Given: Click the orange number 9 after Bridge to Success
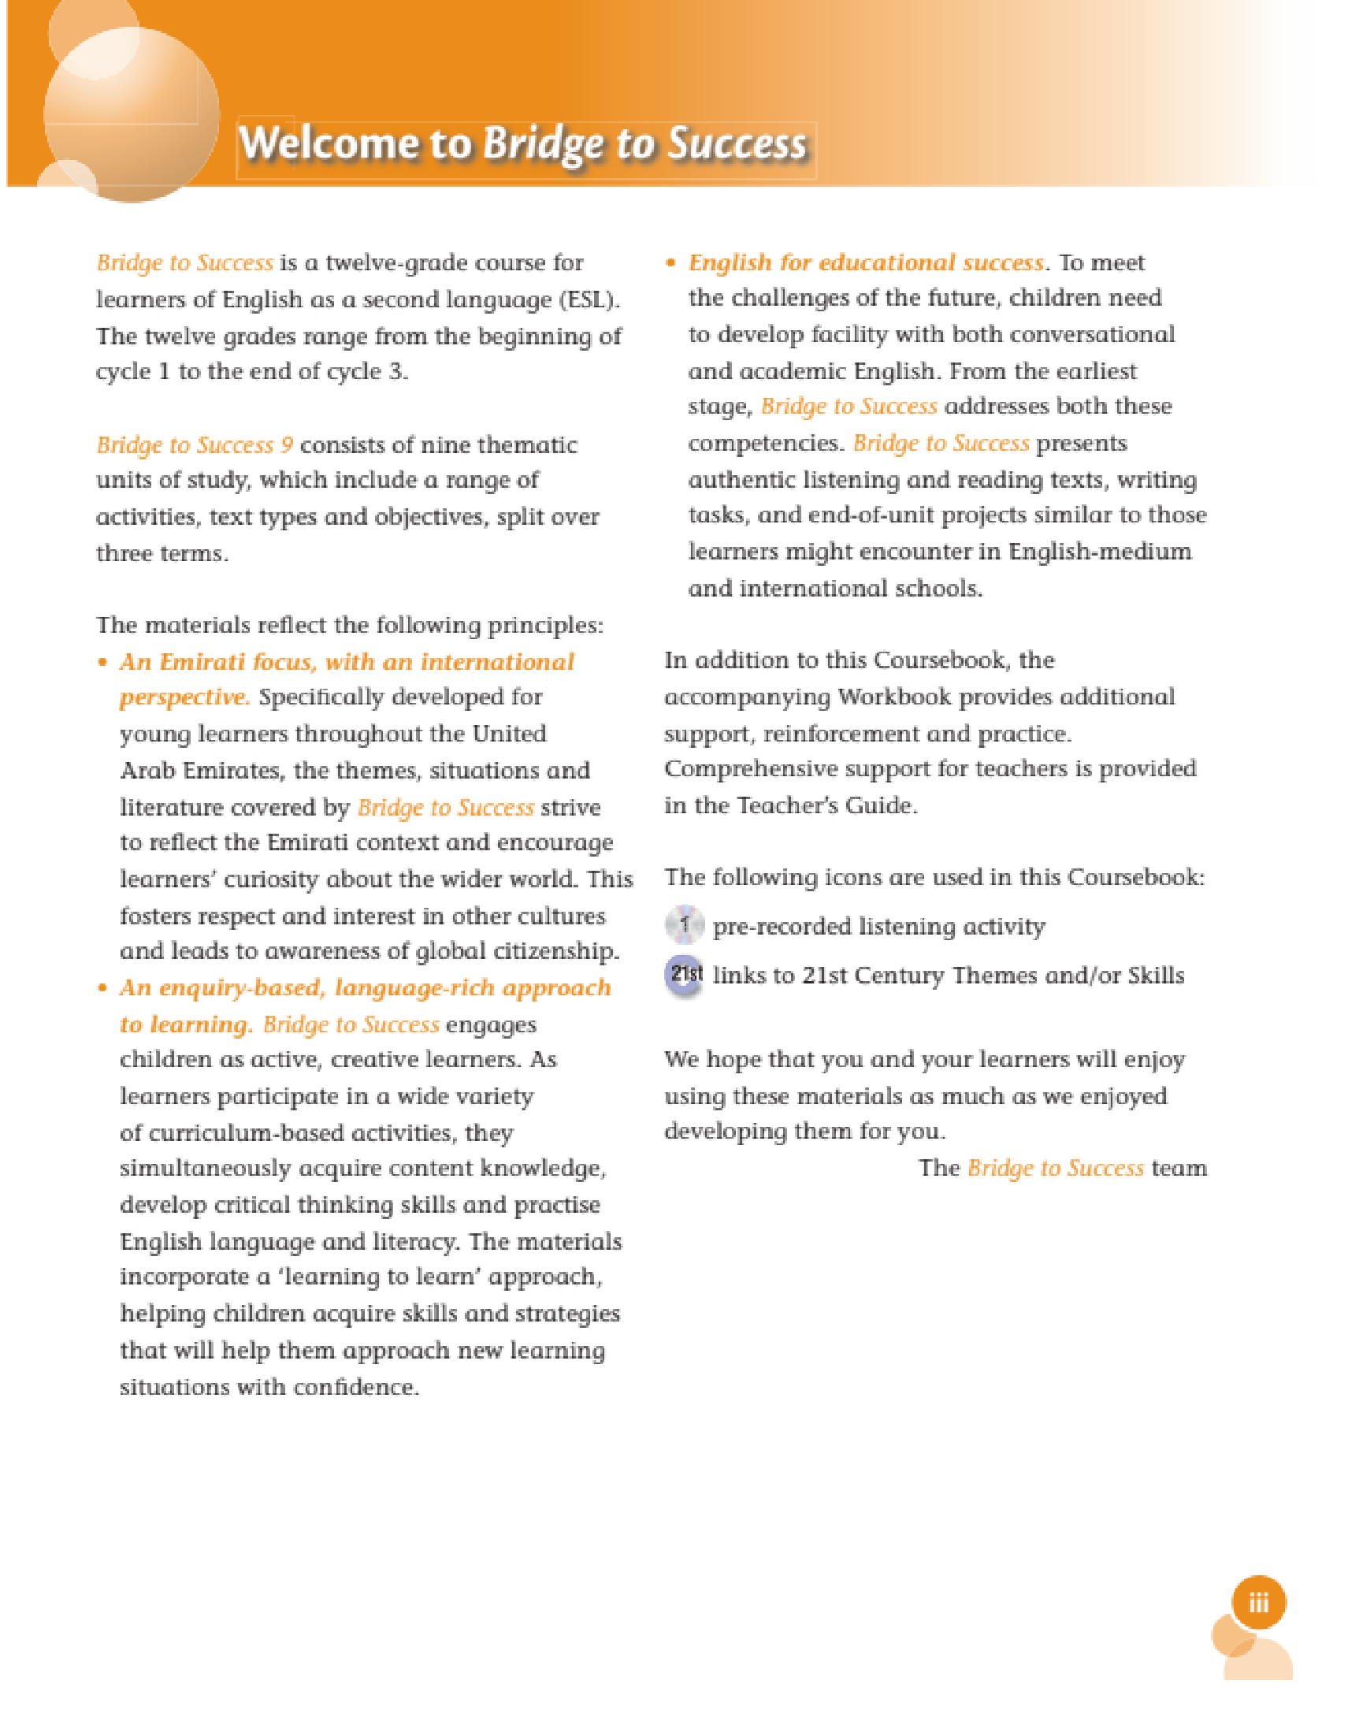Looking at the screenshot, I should [x=287, y=444].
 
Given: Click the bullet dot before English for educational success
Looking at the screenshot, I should [x=671, y=263].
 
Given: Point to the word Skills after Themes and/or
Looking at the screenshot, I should [x=1156, y=976].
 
